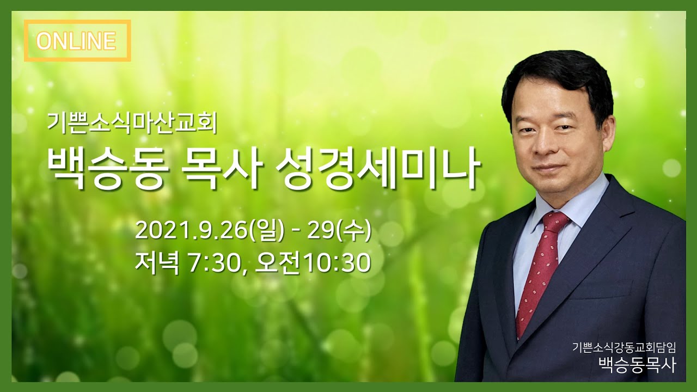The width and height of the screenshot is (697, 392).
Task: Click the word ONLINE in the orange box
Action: [x=77, y=41]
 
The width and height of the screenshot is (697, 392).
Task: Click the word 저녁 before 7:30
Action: [x=157, y=262]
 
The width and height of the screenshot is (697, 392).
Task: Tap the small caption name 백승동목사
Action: [x=637, y=364]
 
